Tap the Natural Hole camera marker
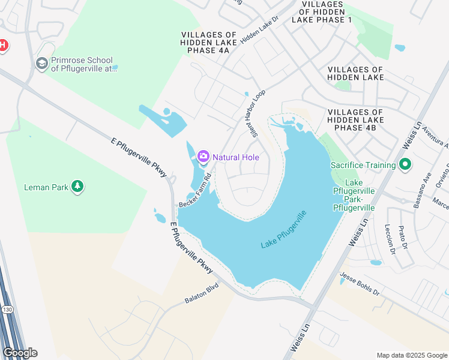click(203, 157)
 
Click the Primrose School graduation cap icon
click(41, 64)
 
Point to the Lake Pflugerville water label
click(285, 230)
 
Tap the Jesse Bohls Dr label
click(360, 284)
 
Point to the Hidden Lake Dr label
click(260, 30)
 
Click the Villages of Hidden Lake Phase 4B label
click(355, 120)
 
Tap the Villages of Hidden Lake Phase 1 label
click(321, 12)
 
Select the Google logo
click(20, 353)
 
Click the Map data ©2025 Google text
click(411, 355)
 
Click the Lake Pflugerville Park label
click(355, 195)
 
